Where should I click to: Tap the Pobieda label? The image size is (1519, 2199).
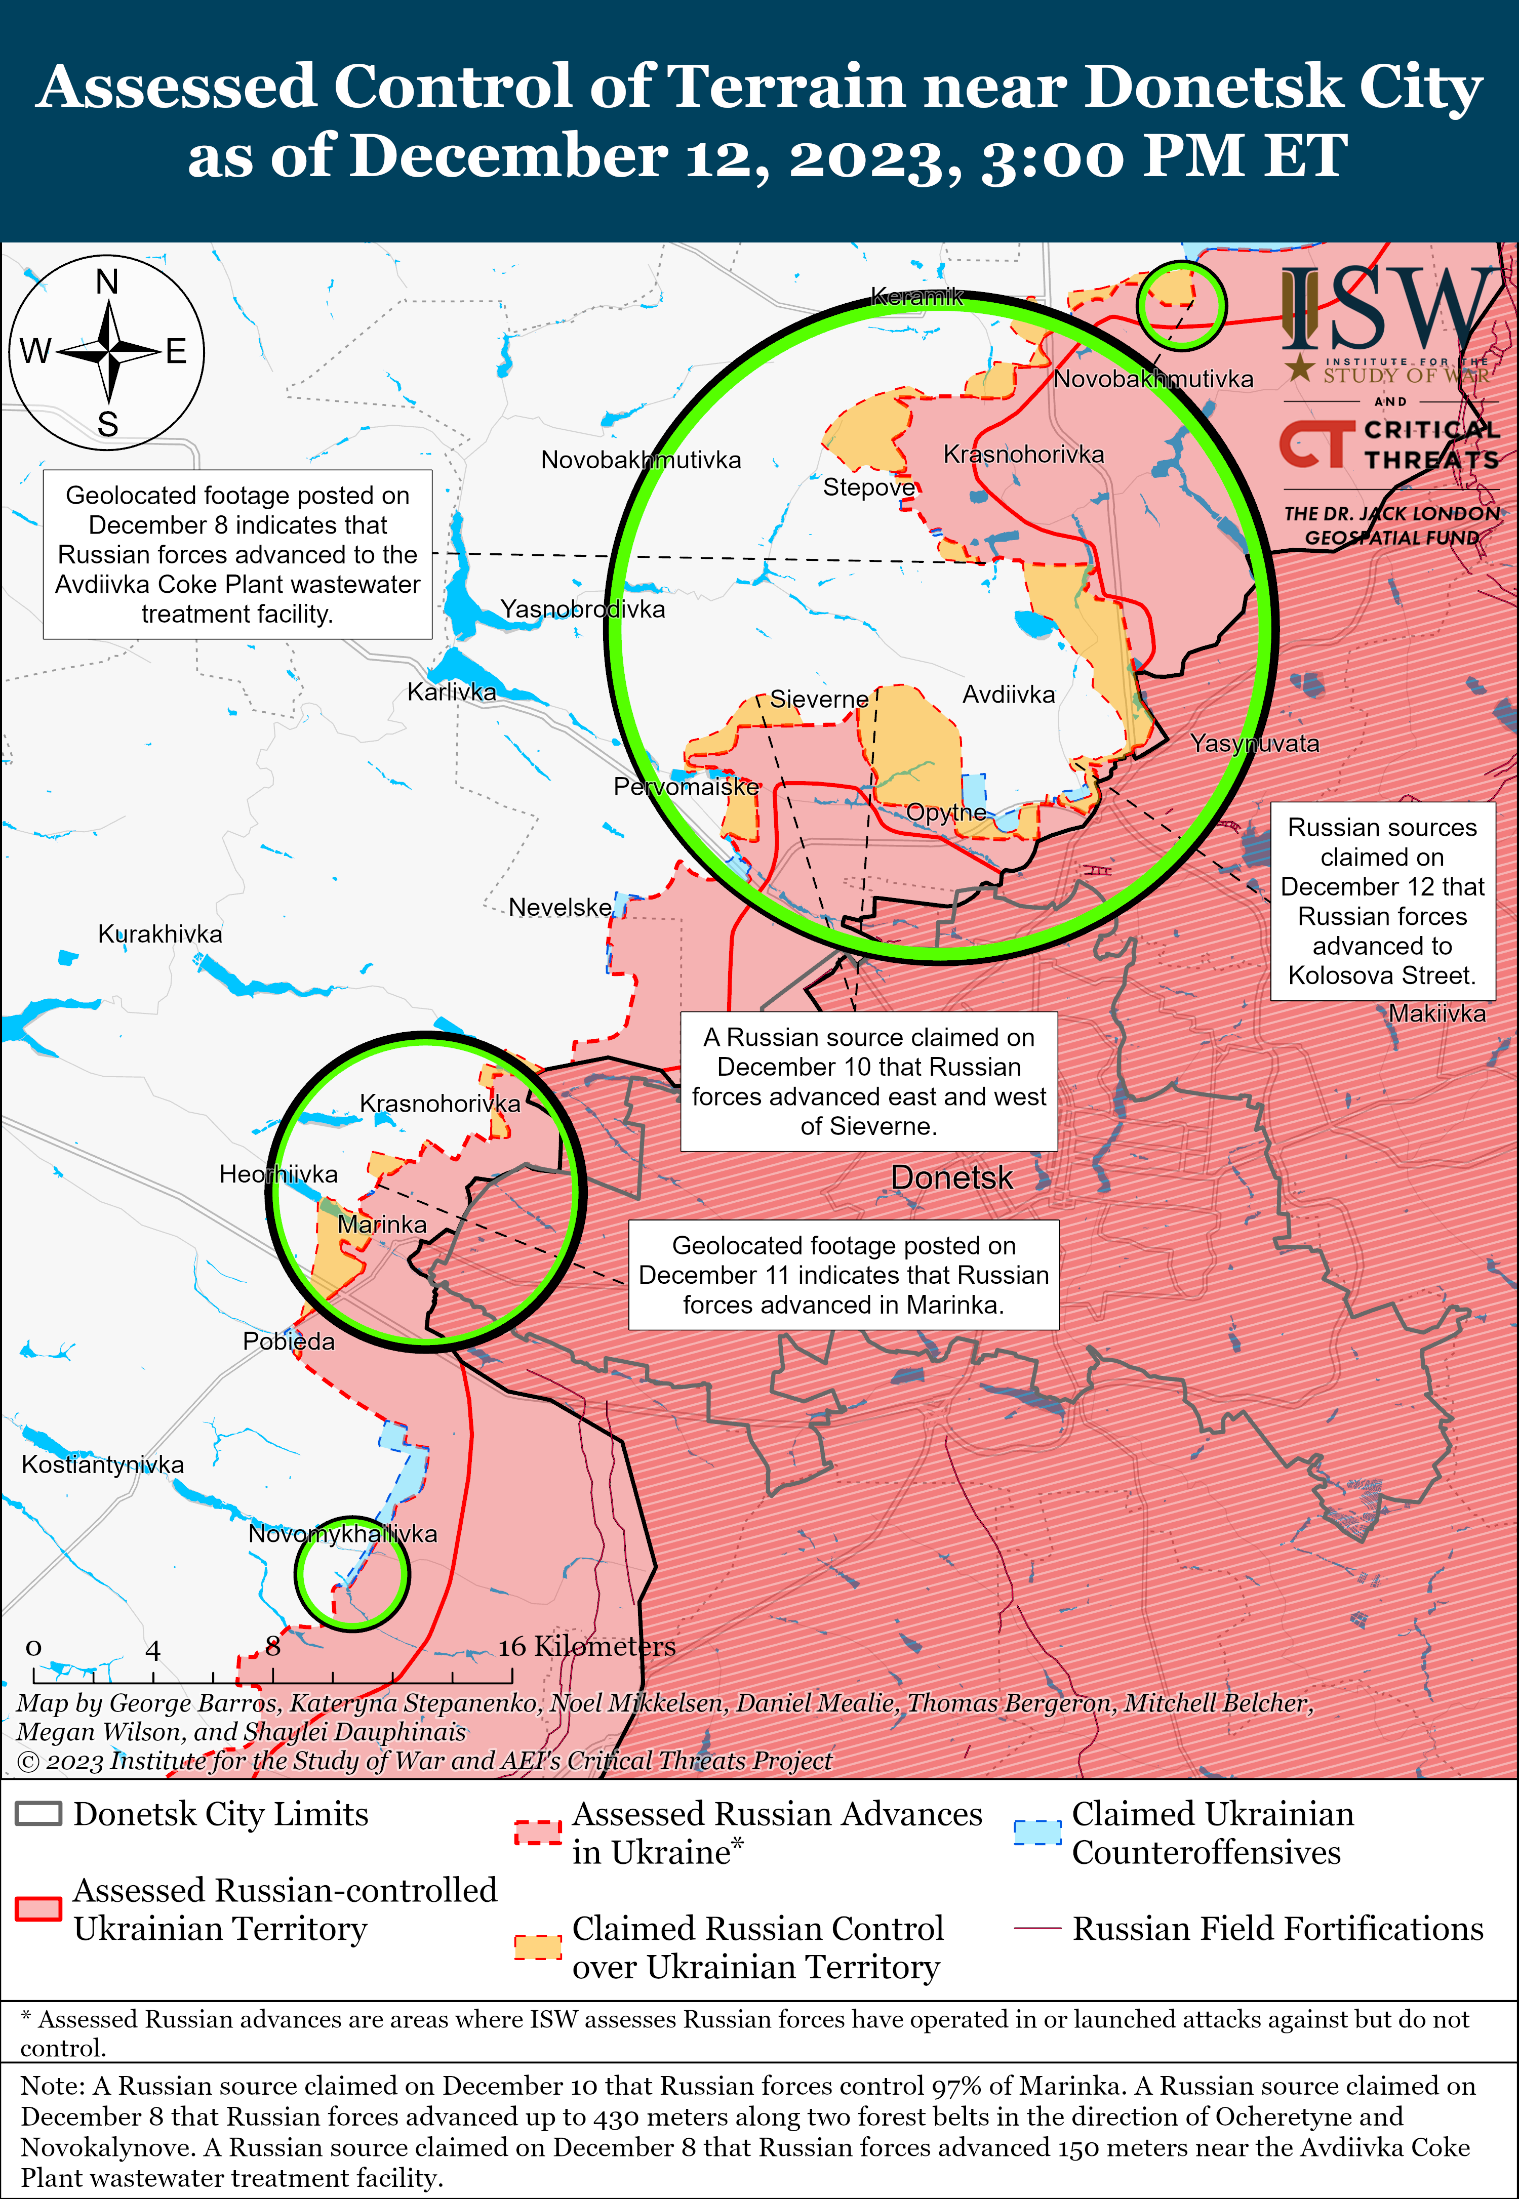click(289, 1341)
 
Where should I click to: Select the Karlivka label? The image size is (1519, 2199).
click(451, 692)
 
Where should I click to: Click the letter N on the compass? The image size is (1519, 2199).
click(107, 282)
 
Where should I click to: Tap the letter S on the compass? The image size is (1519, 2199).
click(107, 424)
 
